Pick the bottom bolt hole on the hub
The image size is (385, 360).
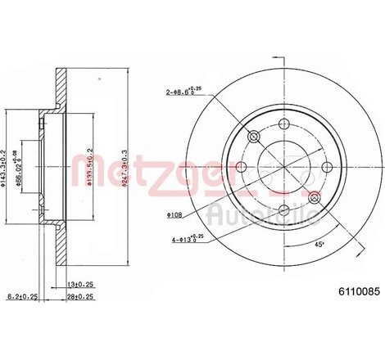(283, 211)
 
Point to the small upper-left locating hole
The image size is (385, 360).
(252, 135)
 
